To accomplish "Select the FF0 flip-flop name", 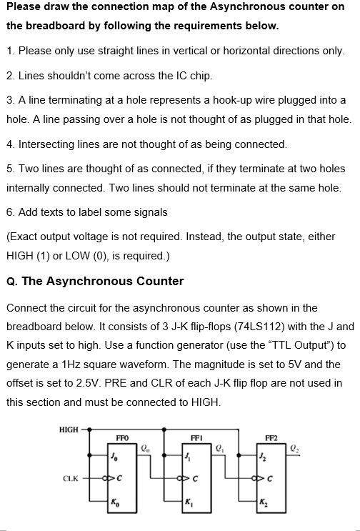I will point(122,437).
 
